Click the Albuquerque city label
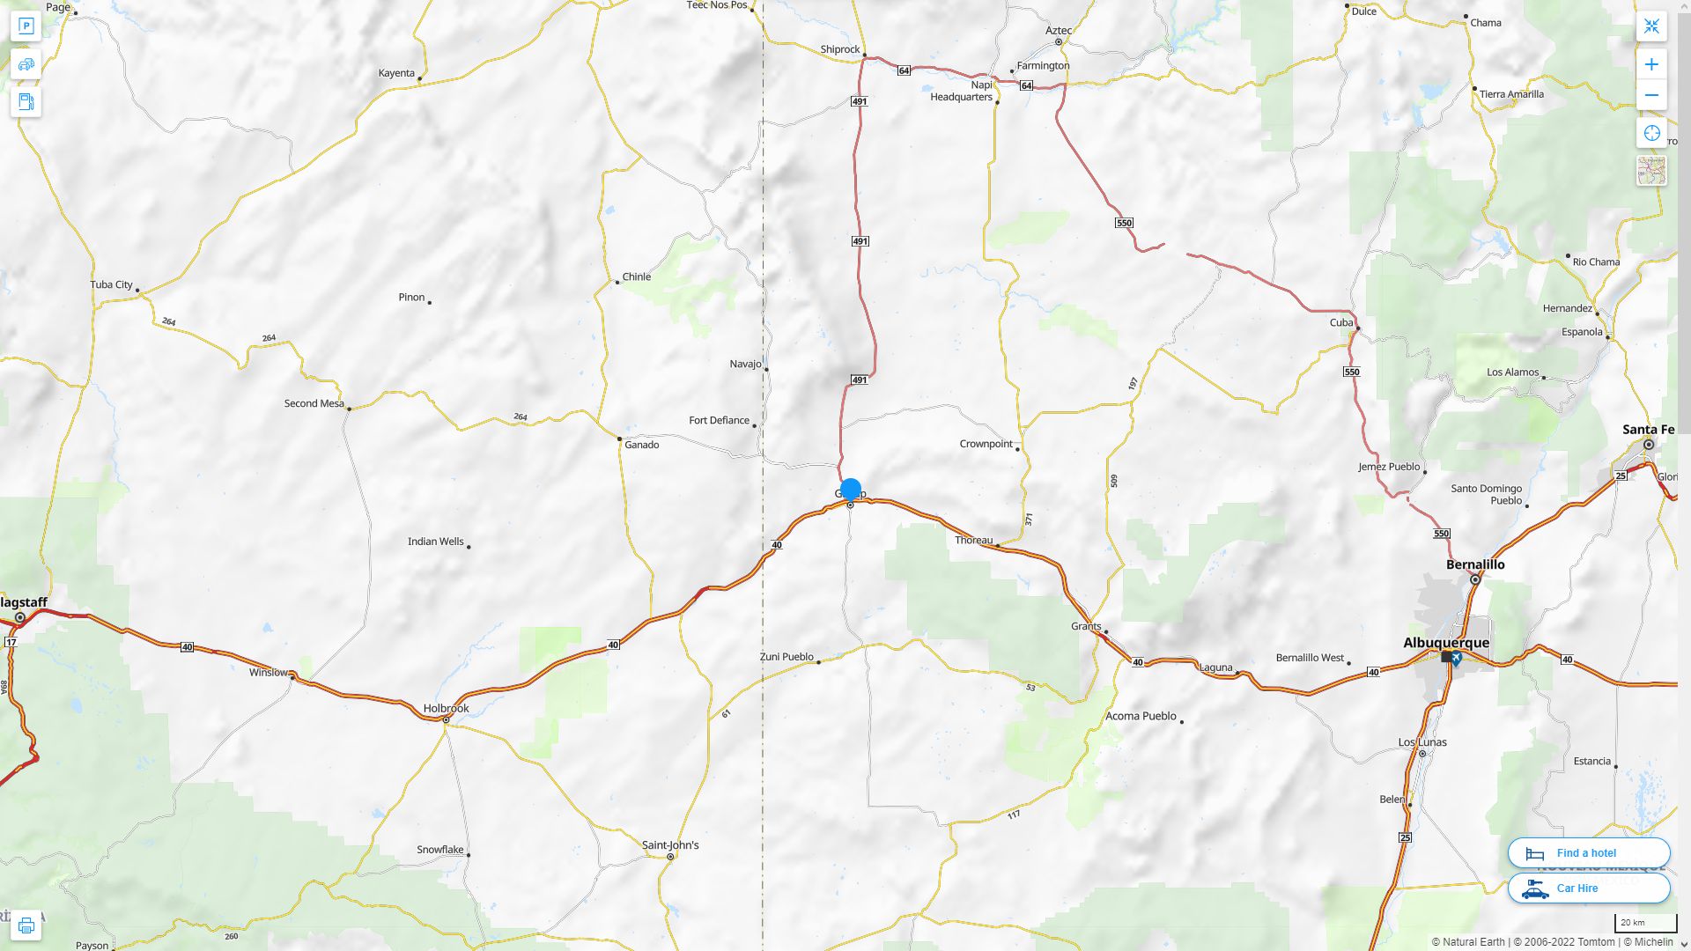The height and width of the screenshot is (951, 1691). [x=1446, y=643]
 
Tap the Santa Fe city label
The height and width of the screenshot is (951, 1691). [x=1648, y=430]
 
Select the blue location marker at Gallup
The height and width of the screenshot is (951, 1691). [x=851, y=489]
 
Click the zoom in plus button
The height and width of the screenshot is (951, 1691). [x=1651, y=64]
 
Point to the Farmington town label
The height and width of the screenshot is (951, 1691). [x=1043, y=66]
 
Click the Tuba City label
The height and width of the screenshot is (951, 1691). [x=111, y=284]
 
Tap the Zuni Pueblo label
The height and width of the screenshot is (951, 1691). [x=786, y=657]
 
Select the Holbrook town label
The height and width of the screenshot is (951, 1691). [x=446, y=708]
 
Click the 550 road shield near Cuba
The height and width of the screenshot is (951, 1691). [x=1352, y=372]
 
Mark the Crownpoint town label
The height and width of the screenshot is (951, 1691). [x=986, y=444]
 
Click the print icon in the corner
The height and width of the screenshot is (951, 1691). [x=26, y=925]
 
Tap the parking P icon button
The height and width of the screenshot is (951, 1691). [x=26, y=26]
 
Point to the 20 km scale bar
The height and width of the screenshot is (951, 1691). [x=1644, y=924]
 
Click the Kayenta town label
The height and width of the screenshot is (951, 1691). [x=396, y=73]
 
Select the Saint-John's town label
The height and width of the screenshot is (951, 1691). [x=670, y=845]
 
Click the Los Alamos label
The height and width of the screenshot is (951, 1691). [x=1512, y=372]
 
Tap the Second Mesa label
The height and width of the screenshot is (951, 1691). [x=314, y=403]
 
